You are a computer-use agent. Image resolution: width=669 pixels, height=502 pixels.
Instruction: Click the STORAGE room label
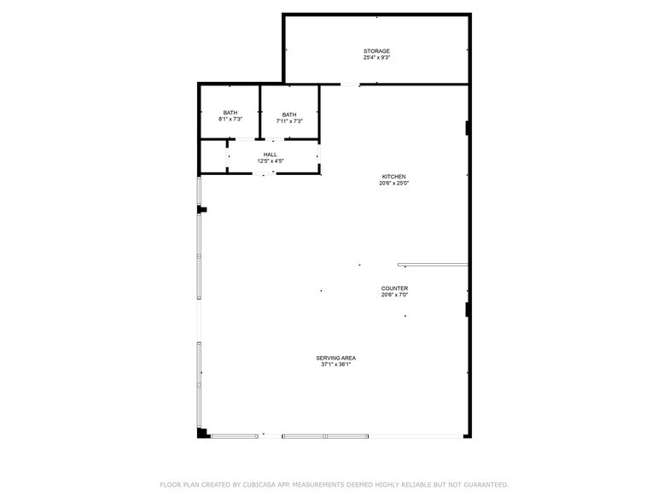point(377,51)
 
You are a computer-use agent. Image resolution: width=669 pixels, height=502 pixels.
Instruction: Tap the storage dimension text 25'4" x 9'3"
point(377,58)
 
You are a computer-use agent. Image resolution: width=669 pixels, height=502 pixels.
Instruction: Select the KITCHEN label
point(394,177)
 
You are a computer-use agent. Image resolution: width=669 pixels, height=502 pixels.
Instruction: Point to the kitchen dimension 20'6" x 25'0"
point(394,183)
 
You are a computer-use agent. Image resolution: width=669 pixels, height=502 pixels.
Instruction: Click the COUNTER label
point(394,289)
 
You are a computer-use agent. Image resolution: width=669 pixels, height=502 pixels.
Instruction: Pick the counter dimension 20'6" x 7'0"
point(394,295)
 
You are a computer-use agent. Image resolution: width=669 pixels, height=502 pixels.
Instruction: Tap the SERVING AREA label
point(336,359)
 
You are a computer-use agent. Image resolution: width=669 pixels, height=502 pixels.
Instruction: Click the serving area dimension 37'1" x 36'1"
point(336,365)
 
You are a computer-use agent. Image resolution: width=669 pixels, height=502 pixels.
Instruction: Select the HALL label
point(270,155)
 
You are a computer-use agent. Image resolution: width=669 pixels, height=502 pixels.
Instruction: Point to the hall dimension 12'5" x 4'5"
point(271,161)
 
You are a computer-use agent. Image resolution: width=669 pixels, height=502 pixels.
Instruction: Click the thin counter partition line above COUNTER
point(433,265)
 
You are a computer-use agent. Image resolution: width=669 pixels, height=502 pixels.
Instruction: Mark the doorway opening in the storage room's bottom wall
point(350,85)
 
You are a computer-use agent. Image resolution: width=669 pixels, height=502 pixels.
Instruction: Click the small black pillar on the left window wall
point(202,210)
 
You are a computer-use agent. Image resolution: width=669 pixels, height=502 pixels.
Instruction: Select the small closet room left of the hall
point(213,157)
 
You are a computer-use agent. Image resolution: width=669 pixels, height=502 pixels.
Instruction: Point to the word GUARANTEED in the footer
point(486,485)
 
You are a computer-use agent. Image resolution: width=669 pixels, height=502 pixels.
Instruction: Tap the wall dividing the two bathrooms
point(259,112)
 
